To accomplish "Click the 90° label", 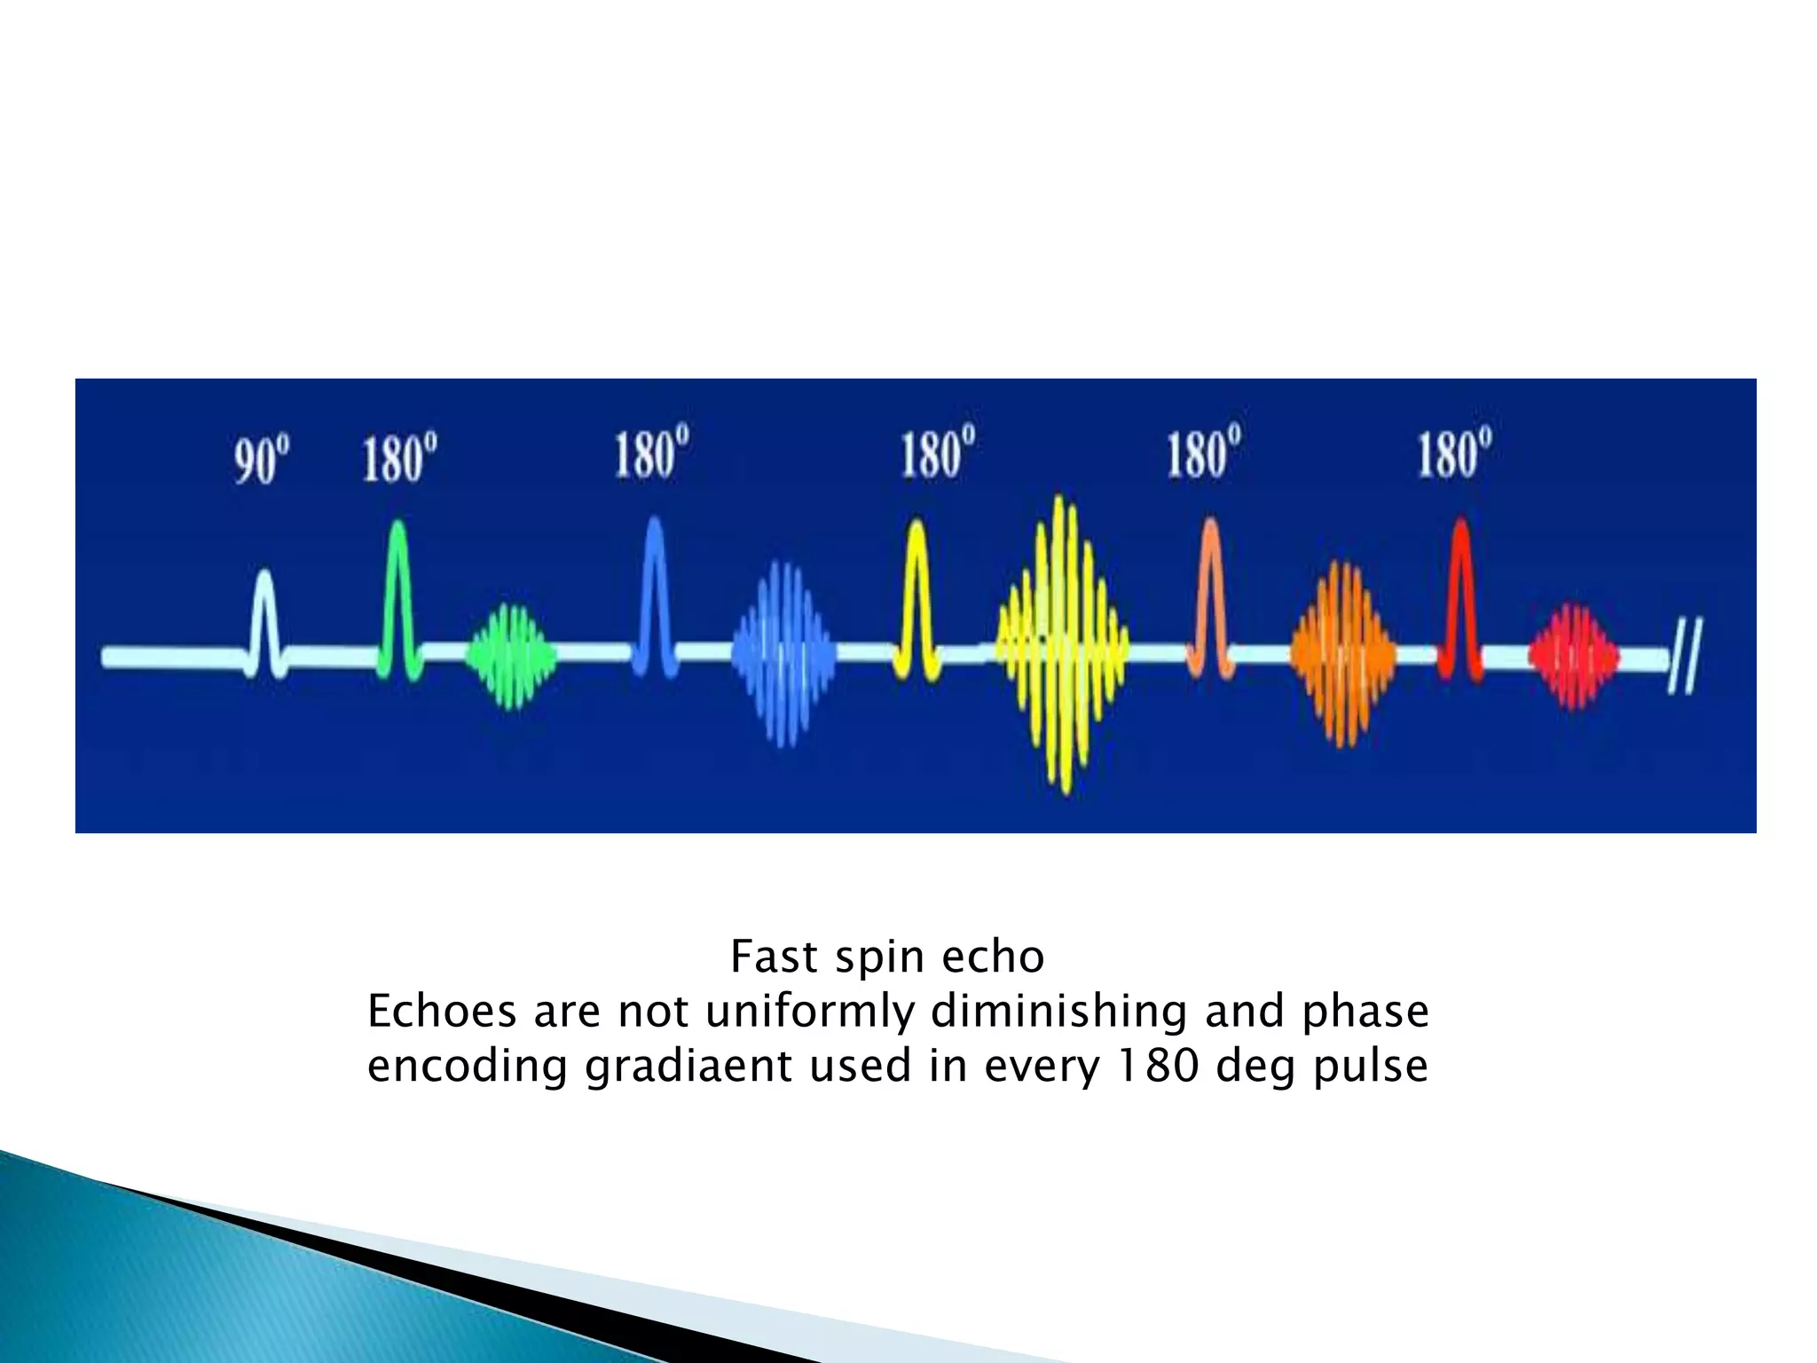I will pos(262,459).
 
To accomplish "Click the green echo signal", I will pos(511,657).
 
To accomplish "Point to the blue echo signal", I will pos(783,655).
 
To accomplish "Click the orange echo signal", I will pos(1342,655).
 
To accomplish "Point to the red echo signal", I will pos(1573,657).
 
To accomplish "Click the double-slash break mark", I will pos(1685,658).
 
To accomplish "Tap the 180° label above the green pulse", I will pos(399,457).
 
